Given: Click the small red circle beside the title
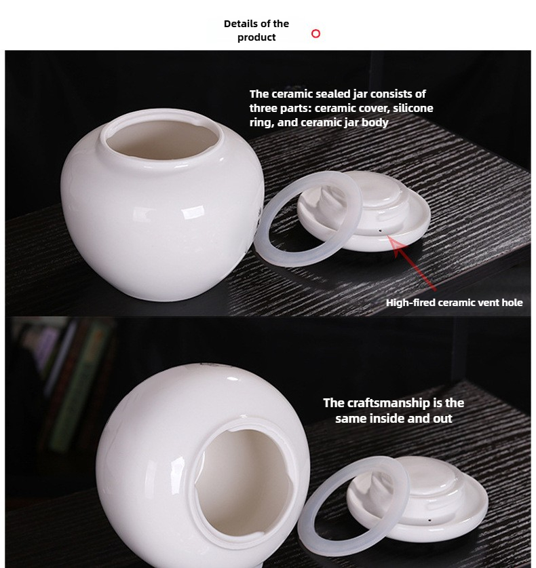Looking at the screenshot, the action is tap(315, 34).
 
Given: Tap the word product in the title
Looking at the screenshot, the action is tap(256, 37).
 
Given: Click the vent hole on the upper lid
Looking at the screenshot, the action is tap(380, 230).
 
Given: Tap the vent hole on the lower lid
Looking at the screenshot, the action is tap(429, 520).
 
